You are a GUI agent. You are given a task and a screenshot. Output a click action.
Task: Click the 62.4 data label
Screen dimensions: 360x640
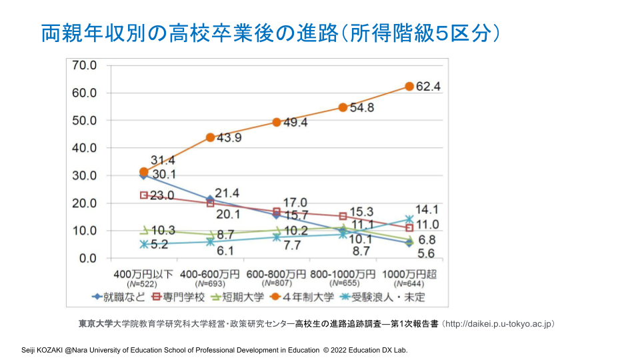429,87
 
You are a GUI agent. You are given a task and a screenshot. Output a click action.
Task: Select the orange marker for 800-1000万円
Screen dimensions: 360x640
343,107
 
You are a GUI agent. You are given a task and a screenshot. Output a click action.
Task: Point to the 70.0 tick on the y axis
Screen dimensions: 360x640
84,65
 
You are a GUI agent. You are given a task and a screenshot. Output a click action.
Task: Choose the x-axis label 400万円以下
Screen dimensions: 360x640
143,274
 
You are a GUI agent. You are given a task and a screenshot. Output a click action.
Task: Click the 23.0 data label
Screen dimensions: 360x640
161,195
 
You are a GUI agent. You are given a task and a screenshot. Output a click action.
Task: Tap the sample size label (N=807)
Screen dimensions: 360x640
276,284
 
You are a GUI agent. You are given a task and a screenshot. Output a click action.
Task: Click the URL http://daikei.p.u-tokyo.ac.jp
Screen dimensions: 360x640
499,324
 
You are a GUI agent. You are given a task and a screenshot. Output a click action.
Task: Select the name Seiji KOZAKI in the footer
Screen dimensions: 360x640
43,350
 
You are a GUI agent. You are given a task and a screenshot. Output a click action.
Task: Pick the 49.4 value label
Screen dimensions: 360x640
295,123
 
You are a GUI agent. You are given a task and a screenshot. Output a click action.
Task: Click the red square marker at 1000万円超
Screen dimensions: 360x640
409,228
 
